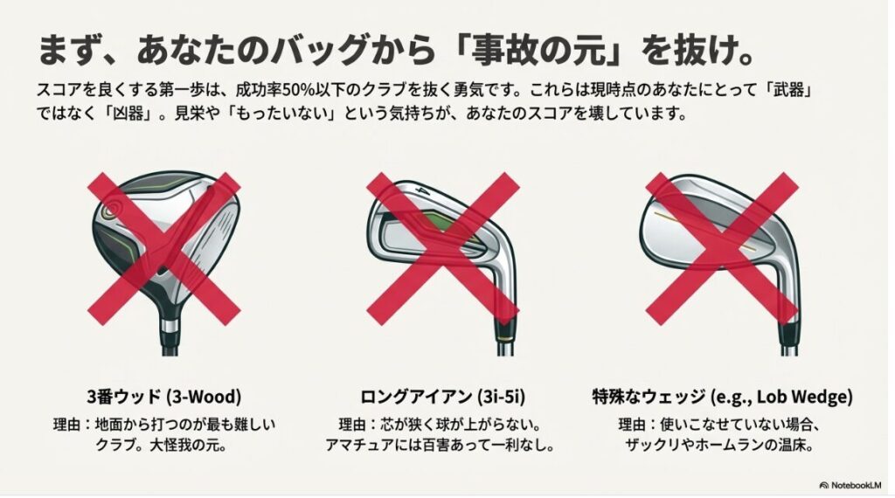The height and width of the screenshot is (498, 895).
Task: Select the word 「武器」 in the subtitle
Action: tap(791, 90)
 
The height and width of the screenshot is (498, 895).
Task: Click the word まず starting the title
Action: tap(59, 50)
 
